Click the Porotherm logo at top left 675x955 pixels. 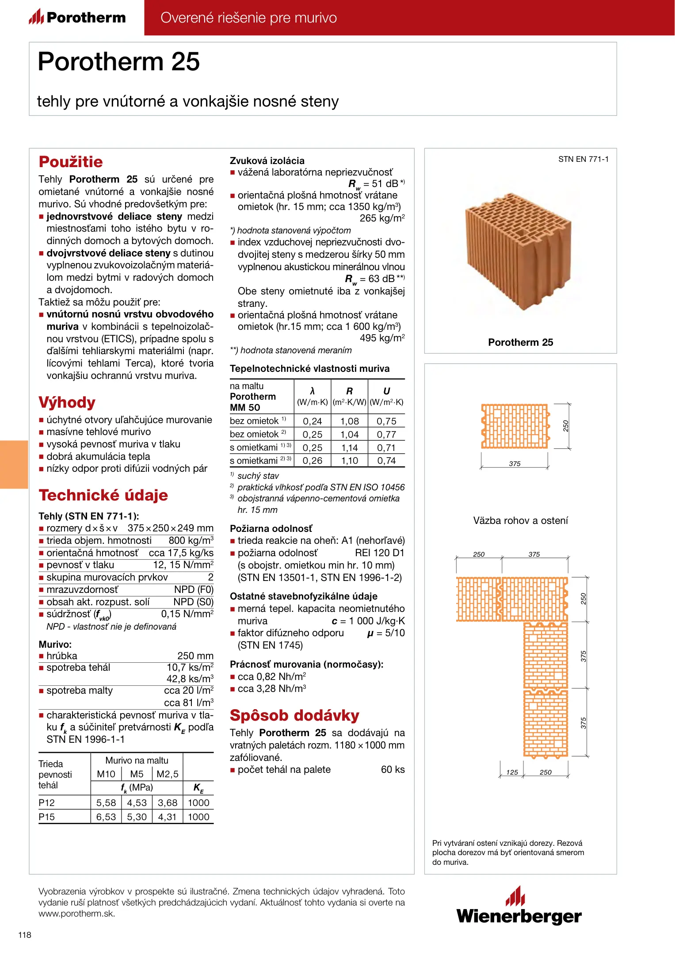pos(77,18)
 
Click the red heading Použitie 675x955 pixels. pos(71,162)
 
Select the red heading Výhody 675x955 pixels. pos(67,402)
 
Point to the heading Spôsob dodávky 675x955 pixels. pos(294,715)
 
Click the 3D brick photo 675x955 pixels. pos(519,250)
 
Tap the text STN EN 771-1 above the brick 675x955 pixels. pos(583,159)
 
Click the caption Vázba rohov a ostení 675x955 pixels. pos(520,520)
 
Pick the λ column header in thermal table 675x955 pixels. pos(312,391)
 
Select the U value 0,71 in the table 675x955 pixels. pos(386,448)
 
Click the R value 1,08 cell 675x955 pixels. pos(349,421)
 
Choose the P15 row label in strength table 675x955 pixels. pos(47,817)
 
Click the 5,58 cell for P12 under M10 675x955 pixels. pos(106,803)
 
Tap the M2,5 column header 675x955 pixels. pos(168,774)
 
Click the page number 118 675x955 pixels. pos(25,935)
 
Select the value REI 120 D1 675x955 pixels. pos(379,553)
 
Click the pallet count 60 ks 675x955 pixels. pos(393,770)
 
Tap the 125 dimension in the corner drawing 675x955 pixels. pos(512,772)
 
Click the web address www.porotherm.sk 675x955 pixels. pos(76,914)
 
